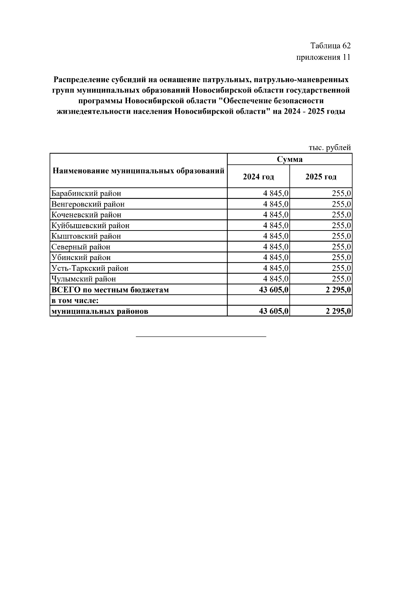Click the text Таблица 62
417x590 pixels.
(x=330, y=46)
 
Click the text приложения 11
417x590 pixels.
(x=323, y=57)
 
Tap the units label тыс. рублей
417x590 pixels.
(x=330, y=148)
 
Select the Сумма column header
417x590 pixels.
(x=289, y=159)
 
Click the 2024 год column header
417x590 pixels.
(x=258, y=177)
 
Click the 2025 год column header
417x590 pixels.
(x=321, y=177)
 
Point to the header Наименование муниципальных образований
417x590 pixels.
(x=138, y=171)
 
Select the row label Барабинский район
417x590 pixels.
(x=86, y=193)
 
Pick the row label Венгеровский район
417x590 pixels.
(x=88, y=204)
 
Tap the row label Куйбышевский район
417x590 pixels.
(x=90, y=226)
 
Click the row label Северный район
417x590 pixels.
(x=81, y=247)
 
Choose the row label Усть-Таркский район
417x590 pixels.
(x=90, y=268)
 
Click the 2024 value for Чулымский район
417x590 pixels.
(x=276, y=279)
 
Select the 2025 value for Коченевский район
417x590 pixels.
(x=341, y=215)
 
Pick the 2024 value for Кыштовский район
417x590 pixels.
(x=276, y=236)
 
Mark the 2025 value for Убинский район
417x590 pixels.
(x=341, y=258)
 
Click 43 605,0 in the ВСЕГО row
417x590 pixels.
(x=274, y=290)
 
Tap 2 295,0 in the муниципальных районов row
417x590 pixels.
(x=338, y=311)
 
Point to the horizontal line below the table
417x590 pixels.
(x=201, y=337)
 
